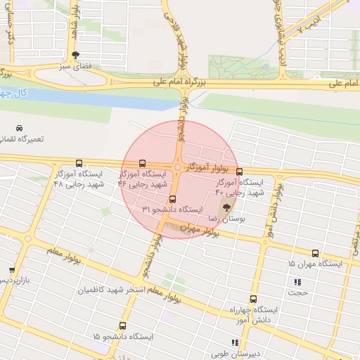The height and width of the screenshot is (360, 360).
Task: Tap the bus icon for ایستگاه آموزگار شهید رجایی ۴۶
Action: tap(143, 162)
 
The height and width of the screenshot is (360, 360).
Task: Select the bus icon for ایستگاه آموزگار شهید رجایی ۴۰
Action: tap(239, 172)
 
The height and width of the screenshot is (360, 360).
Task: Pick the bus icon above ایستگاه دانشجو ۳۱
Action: tap(172, 198)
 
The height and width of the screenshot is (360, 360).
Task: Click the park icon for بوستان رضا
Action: tap(226, 207)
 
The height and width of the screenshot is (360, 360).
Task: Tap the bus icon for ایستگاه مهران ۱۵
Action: tap(314, 254)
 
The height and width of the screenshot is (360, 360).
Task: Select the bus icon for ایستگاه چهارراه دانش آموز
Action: tap(253, 299)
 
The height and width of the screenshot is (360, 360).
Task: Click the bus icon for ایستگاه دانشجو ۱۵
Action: tap(123, 326)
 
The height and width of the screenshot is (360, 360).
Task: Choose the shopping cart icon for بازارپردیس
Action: tap(12, 270)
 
